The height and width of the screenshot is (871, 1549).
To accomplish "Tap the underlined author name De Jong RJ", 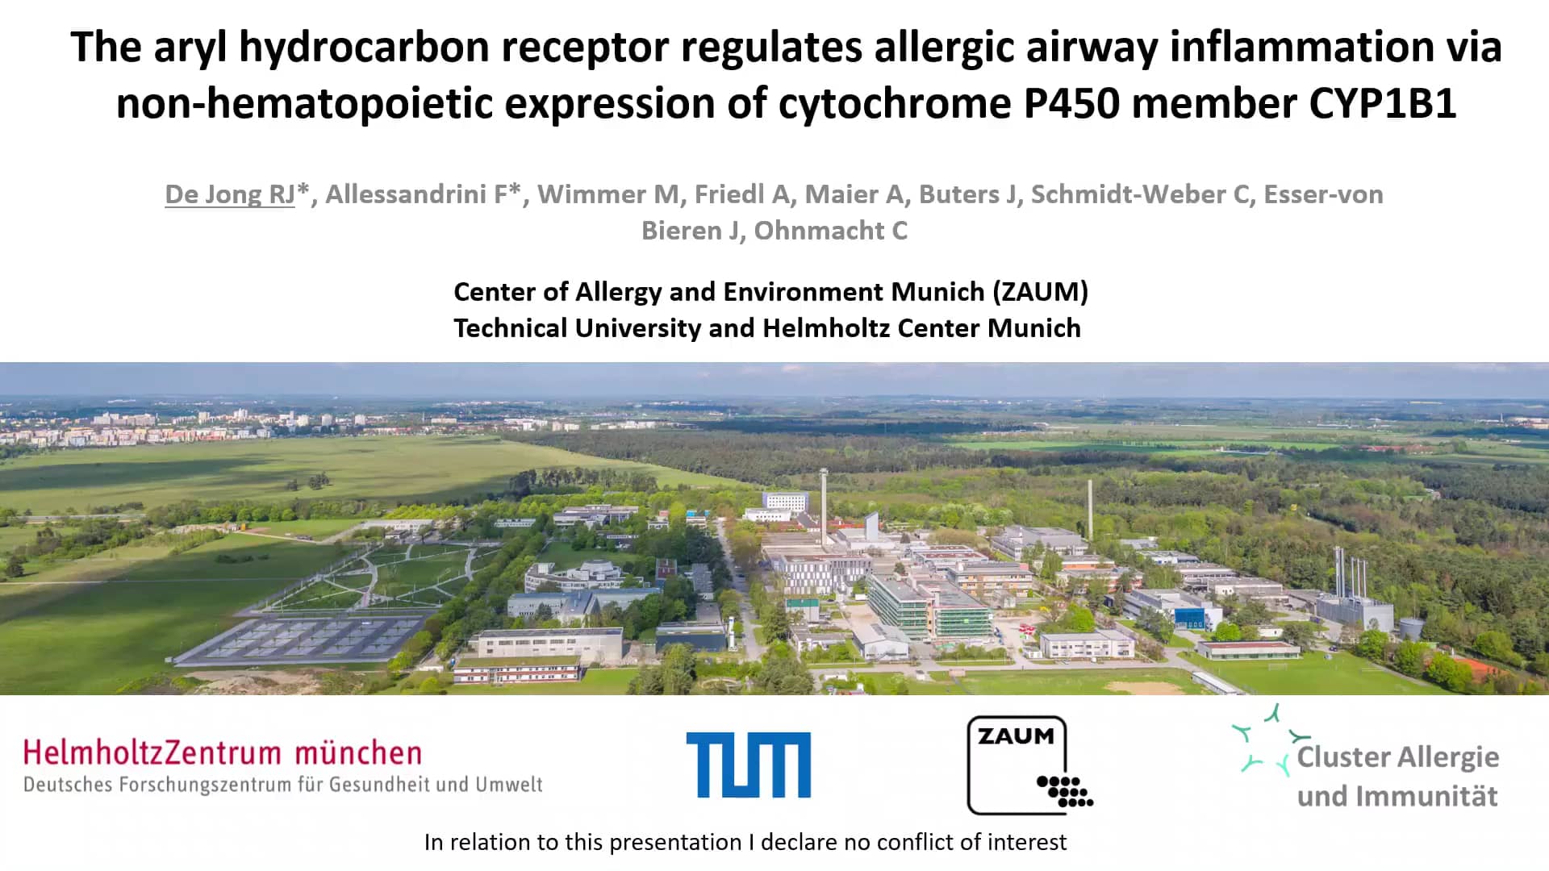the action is click(230, 194).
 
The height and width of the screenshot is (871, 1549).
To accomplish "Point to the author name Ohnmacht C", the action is click(831, 231).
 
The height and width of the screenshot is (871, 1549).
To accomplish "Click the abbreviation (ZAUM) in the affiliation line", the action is click(1041, 291).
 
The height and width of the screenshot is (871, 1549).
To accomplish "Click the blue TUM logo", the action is click(749, 765).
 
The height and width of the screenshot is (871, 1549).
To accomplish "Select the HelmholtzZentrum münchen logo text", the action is click(223, 753).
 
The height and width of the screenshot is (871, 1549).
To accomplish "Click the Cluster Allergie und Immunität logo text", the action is click(1398, 776).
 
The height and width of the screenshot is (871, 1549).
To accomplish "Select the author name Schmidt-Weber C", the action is click(1141, 194).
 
